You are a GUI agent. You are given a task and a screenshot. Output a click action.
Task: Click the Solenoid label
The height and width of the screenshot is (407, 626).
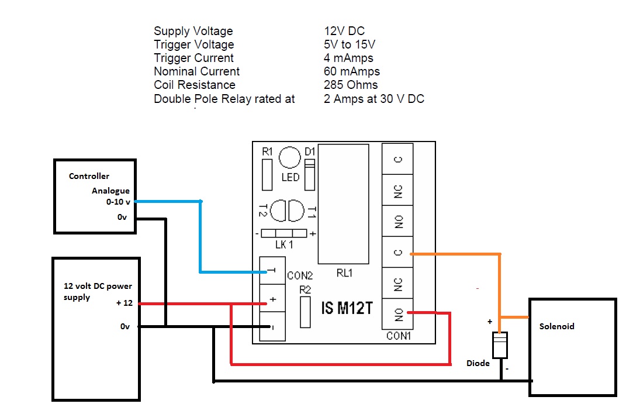pos(556,326)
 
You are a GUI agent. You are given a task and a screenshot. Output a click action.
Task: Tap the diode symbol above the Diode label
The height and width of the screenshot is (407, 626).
pos(500,344)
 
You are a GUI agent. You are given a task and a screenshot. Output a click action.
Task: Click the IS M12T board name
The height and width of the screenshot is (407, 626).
pos(347,308)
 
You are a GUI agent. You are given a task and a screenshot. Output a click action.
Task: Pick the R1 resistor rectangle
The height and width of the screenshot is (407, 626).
pos(268,174)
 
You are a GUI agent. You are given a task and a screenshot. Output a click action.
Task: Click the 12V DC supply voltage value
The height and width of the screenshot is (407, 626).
pos(344,32)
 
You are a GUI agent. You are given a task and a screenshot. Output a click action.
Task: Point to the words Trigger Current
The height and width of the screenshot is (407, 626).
pos(193,58)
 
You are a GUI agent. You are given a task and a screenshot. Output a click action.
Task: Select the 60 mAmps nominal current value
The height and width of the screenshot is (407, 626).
pos(352,72)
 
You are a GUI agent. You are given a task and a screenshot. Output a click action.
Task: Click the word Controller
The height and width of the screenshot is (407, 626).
pos(89,176)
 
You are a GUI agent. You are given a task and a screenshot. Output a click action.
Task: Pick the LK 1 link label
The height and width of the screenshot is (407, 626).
pos(285,245)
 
